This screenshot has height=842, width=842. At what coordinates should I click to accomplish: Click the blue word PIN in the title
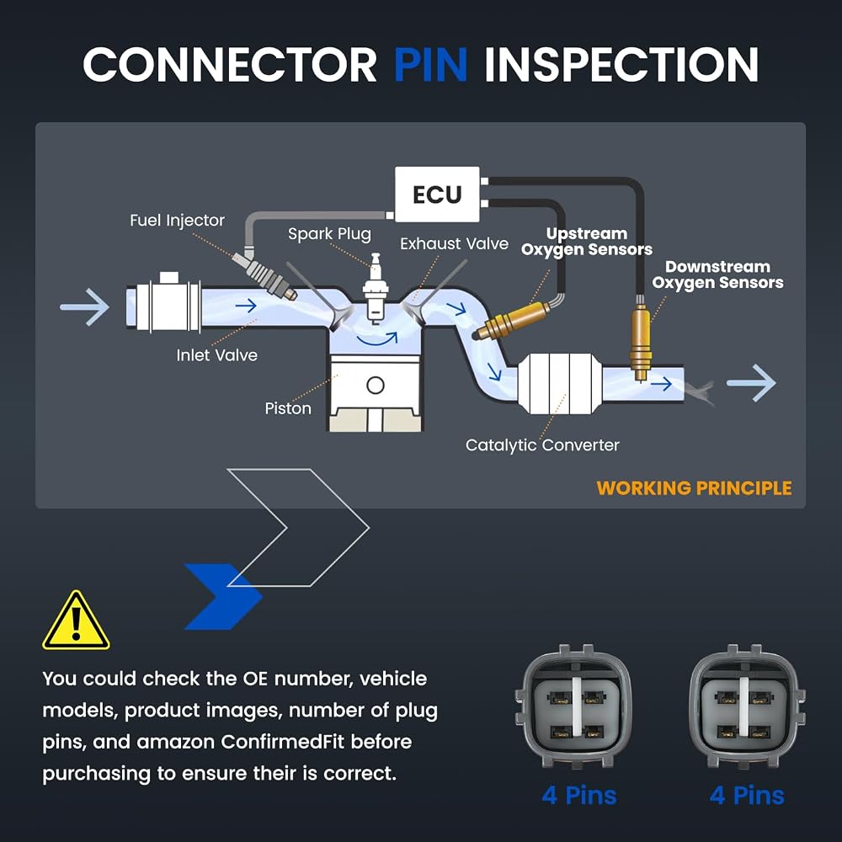(x=430, y=65)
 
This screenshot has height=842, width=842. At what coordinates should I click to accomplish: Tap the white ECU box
(x=437, y=195)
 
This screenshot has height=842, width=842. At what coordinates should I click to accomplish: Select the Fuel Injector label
(x=177, y=221)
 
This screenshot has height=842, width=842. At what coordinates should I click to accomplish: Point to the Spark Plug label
(x=329, y=234)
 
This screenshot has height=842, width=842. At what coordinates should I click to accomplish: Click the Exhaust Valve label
(x=455, y=244)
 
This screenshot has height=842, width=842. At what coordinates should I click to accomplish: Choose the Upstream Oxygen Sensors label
(x=586, y=242)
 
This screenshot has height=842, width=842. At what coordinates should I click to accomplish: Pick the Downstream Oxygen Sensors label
(x=717, y=275)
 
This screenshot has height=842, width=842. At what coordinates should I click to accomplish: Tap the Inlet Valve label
(x=217, y=355)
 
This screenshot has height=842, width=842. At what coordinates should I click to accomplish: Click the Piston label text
(x=288, y=408)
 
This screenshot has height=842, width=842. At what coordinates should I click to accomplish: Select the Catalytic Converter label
(x=542, y=445)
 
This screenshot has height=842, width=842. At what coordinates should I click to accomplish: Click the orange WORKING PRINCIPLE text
(x=694, y=488)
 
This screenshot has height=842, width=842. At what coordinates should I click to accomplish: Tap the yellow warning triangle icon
(x=77, y=621)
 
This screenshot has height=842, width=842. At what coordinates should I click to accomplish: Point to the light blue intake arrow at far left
(x=85, y=307)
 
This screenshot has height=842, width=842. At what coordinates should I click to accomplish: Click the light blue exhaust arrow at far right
(x=751, y=383)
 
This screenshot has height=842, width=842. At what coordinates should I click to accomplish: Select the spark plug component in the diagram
(x=376, y=288)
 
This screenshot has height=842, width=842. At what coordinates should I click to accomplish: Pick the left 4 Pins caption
(x=579, y=796)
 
